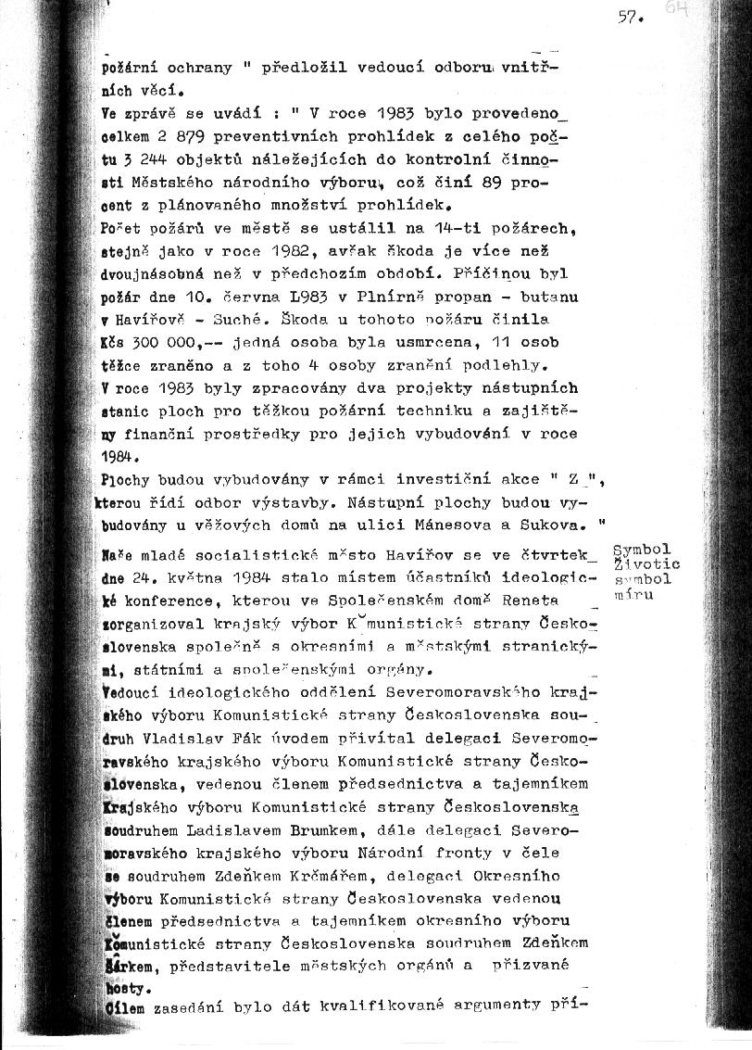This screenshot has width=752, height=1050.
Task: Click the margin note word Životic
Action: click(x=647, y=564)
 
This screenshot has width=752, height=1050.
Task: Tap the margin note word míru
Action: click(x=635, y=594)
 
